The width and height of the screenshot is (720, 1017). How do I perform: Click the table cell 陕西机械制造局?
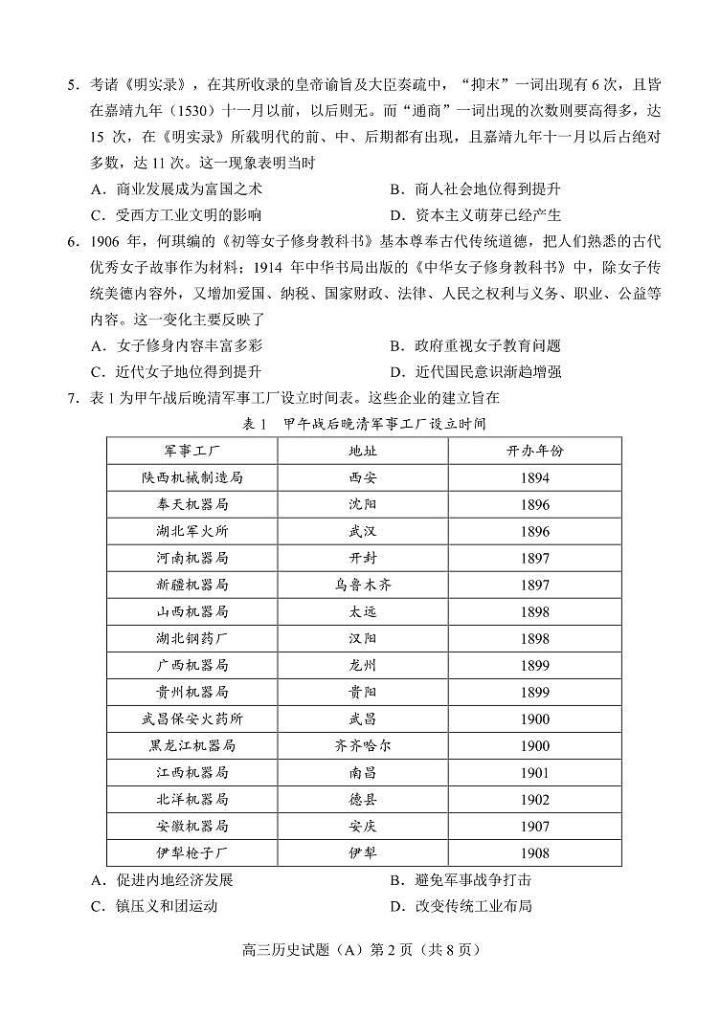(x=191, y=476)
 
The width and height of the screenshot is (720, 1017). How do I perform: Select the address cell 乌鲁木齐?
(x=363, y=584)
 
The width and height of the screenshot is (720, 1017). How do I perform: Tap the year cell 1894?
(x=535, y=476)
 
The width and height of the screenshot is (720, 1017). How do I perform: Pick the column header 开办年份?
(x=535, y=450)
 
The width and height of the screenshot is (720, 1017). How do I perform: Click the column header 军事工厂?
(x=191, y=450)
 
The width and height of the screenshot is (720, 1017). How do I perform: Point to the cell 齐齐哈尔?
(x=363, y=745)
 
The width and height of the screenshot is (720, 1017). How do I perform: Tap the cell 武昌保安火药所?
(x=191, y=719)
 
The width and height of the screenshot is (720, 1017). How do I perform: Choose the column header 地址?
(x=363, y=450)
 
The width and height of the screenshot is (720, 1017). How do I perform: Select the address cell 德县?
(x=363, y=799)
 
